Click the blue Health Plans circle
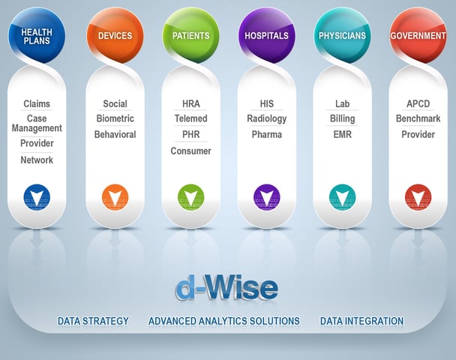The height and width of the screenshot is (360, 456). [x=37, y=35]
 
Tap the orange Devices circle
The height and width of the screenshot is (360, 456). [x=115, y=35]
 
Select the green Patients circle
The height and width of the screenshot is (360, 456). [x=190, y=35]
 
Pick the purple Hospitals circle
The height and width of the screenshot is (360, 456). [x=267, y=35]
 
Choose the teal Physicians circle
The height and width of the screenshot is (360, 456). [x=342, y=35]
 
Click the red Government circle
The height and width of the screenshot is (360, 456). [x=418, y=35]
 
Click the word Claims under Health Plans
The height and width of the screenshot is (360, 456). [x=37, y=103]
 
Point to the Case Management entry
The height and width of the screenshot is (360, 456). [x=37, y=123]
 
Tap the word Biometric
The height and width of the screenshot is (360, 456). [x=115, y=118]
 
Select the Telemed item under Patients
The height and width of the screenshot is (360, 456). [x=190, y=118]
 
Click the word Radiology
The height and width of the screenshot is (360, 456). [x=267, y=119]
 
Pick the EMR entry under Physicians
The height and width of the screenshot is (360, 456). [x=342, y=135]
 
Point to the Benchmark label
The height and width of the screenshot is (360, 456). [x=418, y=118]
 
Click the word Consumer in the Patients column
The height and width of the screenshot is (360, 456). [x=190, y=151]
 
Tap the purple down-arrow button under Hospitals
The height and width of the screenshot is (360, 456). [x=267, y=197]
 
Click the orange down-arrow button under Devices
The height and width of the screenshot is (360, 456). [x=115, y=197]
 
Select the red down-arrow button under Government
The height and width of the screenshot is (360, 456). [x=418, y=197]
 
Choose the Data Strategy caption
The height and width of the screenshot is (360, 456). [x=93, y=321]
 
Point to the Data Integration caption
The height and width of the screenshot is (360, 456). [x=361, y=321]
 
